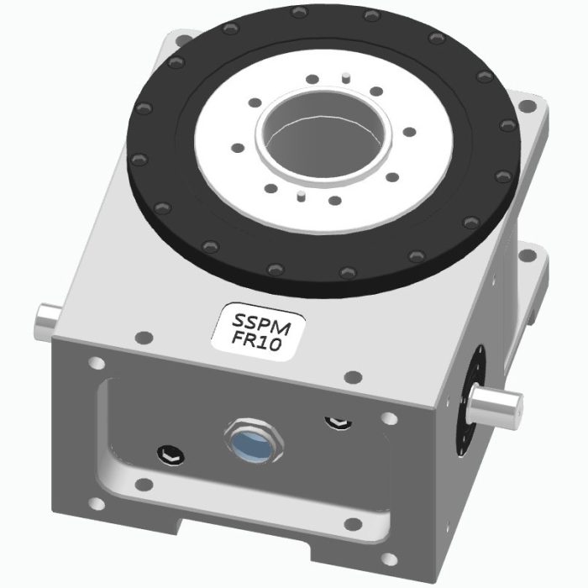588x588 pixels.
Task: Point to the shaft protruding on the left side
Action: click(x=47, y=319)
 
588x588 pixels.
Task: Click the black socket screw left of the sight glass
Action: click(x=168, y=454)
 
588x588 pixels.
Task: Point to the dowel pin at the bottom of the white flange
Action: click(x=300, y=199)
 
